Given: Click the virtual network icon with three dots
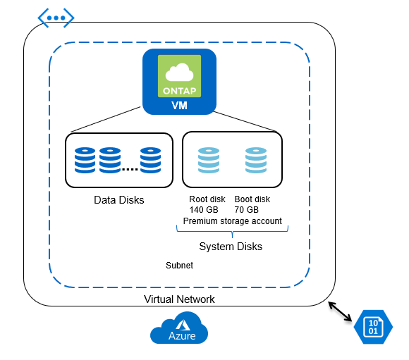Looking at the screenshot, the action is coord(56,18).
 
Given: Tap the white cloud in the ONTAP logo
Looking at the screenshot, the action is coord(179,73).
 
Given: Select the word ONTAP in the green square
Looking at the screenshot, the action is coord(179,91).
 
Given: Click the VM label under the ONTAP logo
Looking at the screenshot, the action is coord(179,105).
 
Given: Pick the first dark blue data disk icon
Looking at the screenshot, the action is coord(85,160).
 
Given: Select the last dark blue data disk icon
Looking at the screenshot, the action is coord(150,160).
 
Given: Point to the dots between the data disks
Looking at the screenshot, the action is coord(130,170).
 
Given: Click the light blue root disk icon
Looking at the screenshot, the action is coord(209,160).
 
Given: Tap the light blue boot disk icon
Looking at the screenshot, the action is coord(256,160).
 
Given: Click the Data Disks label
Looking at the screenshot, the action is coord(119,200).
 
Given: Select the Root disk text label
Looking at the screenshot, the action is coord(207,199).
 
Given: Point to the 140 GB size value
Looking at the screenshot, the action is coord(204,209).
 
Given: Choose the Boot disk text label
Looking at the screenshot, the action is coord(252,199).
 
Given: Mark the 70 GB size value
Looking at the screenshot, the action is coord(247,209).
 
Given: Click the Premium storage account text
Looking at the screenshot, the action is coord(233,221).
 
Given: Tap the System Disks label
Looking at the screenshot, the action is coord(231,247).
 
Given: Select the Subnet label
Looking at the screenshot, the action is coord(179,266).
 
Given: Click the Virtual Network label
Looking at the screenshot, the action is coord(179,299).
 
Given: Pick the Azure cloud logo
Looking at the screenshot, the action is coord(179,328).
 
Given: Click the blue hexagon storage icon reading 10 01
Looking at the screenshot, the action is coord(373,327).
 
